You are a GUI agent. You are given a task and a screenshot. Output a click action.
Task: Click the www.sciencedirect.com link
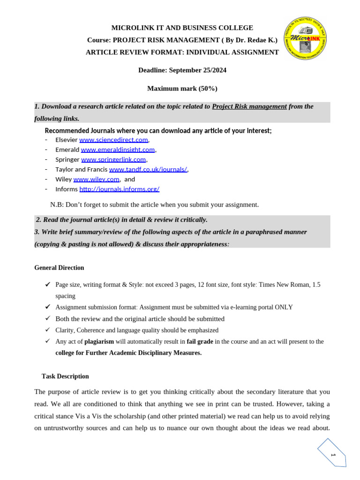113,140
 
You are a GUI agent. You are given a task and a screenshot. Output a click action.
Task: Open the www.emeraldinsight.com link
118,150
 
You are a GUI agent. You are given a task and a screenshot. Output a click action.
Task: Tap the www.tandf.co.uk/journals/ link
148,169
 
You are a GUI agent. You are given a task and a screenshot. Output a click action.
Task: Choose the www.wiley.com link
97,179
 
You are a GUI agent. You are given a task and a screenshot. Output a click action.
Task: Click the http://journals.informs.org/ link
119,189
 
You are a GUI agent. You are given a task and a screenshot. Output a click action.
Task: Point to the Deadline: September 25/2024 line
182,70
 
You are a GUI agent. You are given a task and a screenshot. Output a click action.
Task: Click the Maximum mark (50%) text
182,88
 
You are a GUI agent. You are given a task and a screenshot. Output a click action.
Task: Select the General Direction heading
59,268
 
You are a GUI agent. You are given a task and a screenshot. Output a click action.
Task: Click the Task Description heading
65,376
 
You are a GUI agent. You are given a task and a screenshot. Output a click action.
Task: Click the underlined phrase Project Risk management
249,106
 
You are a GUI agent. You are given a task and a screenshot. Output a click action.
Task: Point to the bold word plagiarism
99,342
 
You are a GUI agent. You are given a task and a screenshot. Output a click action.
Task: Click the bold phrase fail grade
200,342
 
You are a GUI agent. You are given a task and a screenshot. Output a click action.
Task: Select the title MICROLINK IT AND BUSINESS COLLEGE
182,28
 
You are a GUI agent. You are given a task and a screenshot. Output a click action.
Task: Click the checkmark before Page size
47,285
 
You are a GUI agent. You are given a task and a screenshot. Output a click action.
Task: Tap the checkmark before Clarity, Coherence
47,330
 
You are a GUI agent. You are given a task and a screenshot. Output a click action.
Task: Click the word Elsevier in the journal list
67,140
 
